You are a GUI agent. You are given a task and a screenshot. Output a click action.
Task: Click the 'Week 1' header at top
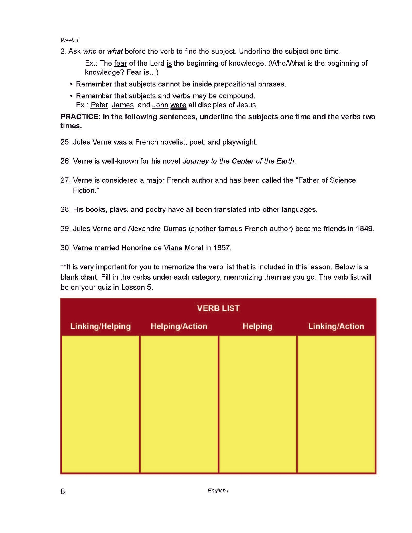pyautogui.click(x=69, y=40)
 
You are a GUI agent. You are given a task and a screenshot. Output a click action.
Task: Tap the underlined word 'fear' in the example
pyautogui.click(x=120, y=63)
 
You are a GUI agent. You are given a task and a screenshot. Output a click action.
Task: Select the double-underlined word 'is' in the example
pyautogui.click(x=169, y=63)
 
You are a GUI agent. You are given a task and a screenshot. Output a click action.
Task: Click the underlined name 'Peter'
pyautogui.click(x=99, y=105)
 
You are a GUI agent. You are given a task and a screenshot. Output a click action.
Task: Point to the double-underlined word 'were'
pyautogui.click(x=178, y=105)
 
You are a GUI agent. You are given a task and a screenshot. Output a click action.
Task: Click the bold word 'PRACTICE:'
pyautogui.click(x=80, y=117)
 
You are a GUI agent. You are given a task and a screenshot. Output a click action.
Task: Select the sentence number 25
pyautogui.click(x=65, y=142)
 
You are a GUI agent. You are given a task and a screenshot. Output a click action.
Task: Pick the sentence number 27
pyautogui.click(x=65, y=180)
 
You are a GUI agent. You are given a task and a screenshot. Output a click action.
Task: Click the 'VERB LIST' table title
pyautogui.click(x=218, y=308)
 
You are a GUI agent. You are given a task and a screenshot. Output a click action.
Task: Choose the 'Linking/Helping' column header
pyautogui.click(x=100, y=326)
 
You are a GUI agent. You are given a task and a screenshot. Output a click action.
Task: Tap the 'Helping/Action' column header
pyautogui.click(x=179, y=326)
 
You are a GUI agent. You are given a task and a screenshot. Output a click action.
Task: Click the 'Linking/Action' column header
pyautogui.click(x=336, y=326)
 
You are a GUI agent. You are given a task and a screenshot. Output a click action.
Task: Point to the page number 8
pyautogui.click(x=63, y=491)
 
